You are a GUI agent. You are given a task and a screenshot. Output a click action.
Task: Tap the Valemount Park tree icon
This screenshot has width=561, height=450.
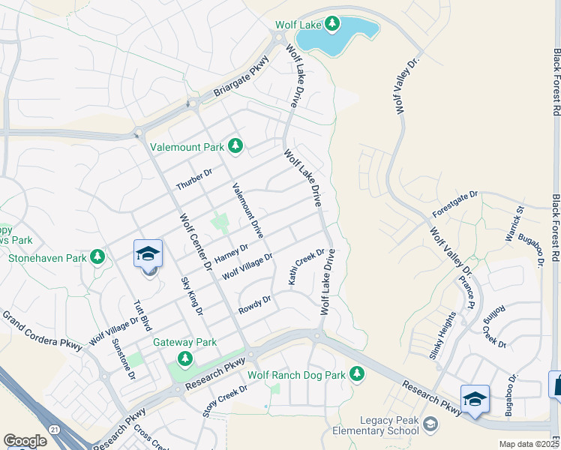point(235,144)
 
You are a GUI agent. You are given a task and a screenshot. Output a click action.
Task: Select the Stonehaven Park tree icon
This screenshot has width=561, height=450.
point(97,257)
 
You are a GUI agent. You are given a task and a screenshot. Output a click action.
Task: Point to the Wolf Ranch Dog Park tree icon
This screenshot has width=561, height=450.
point(358,373)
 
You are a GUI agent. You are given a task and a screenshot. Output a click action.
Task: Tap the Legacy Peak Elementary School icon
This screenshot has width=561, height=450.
point(430,425)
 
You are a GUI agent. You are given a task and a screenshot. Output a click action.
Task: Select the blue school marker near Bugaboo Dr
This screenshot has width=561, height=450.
point(474,398)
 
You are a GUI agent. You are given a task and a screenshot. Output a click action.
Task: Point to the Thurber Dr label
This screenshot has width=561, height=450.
point(194,179)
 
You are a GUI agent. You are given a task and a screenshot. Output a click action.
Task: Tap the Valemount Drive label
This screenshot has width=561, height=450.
point(247,211)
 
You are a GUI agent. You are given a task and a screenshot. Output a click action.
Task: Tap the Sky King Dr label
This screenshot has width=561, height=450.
point(192,295)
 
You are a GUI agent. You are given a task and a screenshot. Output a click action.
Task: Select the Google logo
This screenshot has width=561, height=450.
point(25,441)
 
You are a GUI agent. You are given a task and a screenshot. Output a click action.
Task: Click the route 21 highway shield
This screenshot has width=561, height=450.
point(53,427)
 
